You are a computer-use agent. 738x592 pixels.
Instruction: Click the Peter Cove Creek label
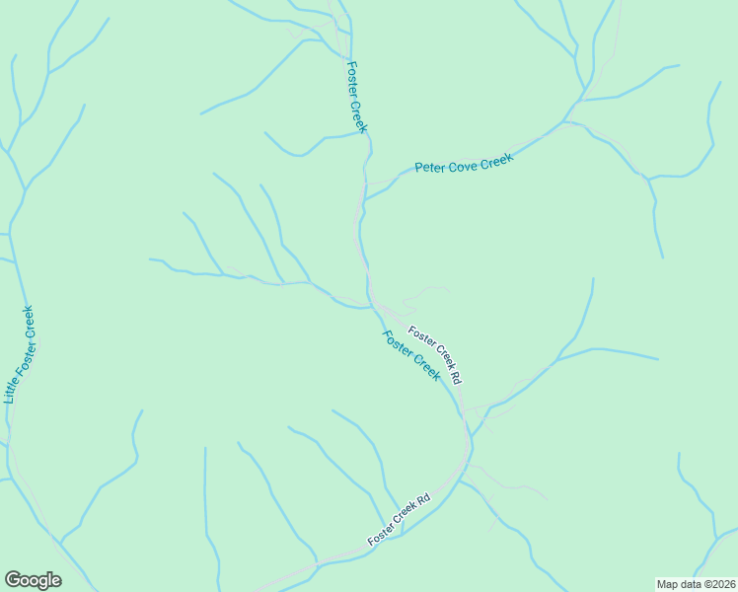pyautogui.click(x=465, y=165)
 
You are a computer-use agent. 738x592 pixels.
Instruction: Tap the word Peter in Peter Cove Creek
pyautogui.click(x=429, y=168)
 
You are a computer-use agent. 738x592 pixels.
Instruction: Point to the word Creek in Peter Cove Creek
pyautogui.click(x=496, y=161)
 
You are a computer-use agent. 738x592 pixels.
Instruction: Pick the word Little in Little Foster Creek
pyautogui.click(x=11, y=389)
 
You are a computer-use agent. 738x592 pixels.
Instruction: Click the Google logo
pyautogui.click(x=33, y=580)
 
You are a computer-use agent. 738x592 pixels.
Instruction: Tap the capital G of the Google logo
pyautogui.click(x=13, y=580)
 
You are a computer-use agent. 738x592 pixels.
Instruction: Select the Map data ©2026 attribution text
pyautogui.click(x=696, y=584)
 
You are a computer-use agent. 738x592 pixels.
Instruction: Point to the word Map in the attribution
pyautogui.click(x=668, y=584)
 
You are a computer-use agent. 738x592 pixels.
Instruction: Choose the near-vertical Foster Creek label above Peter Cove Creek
pyautogui.click(x=356, y=97)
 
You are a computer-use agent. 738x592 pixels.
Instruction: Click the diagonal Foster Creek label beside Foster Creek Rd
pyautogui.click(x=411, y=354)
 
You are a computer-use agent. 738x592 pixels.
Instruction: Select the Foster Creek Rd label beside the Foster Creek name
pyautogui.click(x=435, y=355)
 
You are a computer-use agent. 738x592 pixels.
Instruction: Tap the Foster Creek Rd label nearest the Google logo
pyautogui.click(x=400, y=520)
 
